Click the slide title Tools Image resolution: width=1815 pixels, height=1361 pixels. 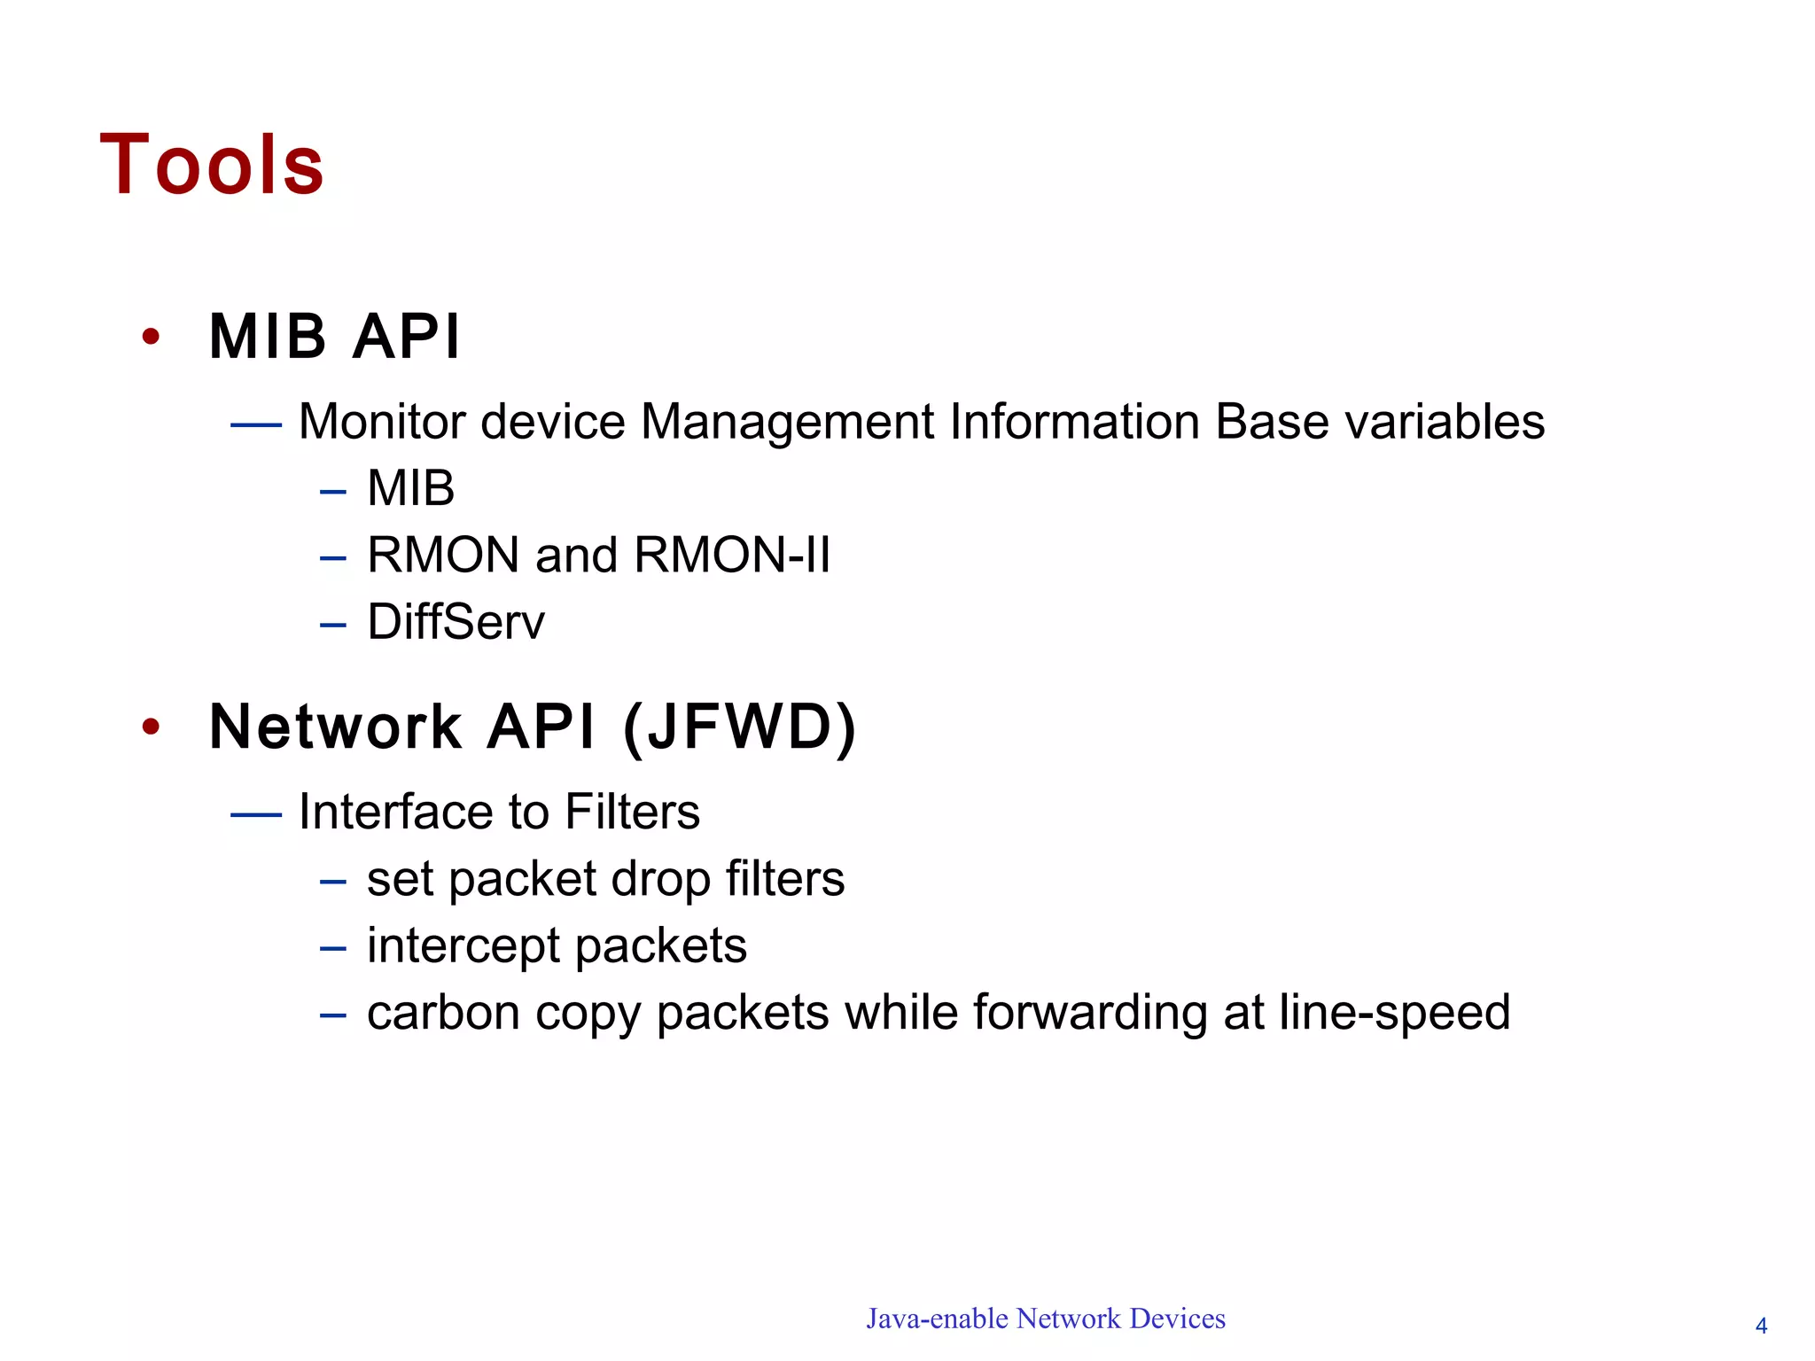tap(212, 165)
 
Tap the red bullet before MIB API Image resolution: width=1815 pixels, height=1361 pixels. tap(152, 337)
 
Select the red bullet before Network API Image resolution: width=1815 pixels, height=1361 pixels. tap(152, 727)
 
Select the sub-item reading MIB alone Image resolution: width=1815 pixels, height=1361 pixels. tap(410, 488)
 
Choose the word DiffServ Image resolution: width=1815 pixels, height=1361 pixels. tap(456, 622)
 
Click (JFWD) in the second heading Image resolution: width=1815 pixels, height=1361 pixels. tap(740, 727)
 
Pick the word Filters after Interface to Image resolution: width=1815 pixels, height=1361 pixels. tap(632, 812)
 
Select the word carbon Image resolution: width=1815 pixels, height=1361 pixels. tap(443, 1014)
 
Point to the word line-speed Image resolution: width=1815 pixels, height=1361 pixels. tap(1394, 1014)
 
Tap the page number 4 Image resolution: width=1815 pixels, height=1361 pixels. tap(1761, 1326)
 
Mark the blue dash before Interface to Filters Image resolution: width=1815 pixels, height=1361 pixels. tap(255, 813)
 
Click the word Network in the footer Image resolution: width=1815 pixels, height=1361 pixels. tap(1069, 1319)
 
